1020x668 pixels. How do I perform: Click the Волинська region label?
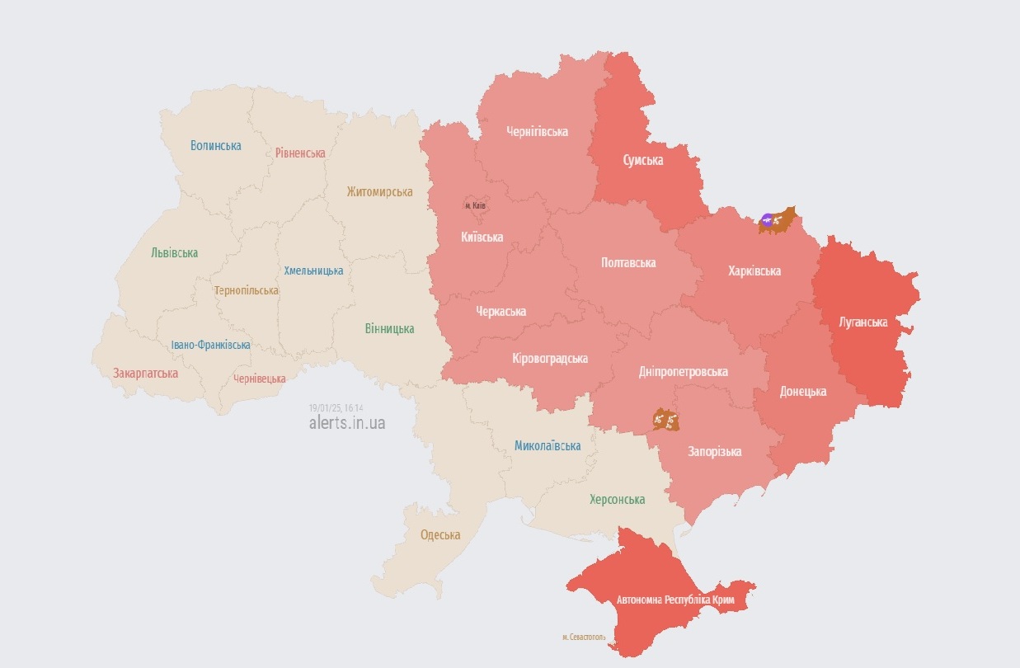point(215,146)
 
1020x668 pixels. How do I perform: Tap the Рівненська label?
point(300,153)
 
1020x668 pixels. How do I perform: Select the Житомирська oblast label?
point(379,192)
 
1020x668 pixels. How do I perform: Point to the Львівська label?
point(174,253)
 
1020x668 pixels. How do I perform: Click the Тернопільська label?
point(246,291)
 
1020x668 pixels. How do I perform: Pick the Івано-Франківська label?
point(210,346)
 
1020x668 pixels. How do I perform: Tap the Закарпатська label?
point(145,374)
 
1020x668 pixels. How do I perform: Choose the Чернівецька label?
point(259,379)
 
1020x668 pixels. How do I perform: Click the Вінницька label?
point(389,329)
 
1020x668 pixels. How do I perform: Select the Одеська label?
point(440,535)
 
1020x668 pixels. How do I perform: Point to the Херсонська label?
point(617,500)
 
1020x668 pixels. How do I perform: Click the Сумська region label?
point(642,160)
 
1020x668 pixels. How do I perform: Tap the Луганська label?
point(863,322)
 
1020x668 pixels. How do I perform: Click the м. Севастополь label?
point(584,637)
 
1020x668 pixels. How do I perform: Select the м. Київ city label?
point(475,205)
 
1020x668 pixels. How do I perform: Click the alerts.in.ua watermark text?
point(346,423)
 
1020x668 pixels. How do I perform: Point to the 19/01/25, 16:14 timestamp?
point(336,408)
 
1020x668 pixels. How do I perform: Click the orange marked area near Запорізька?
point(665,421)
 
